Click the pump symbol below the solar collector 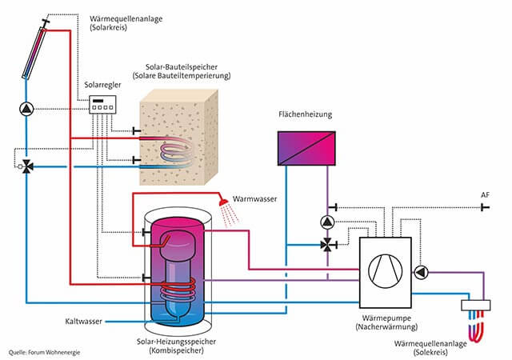pos(27,108)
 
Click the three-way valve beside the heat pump pos(326,246)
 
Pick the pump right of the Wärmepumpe pos(422,272)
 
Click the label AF pos(485,195)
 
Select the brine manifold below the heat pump pos(478,306)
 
